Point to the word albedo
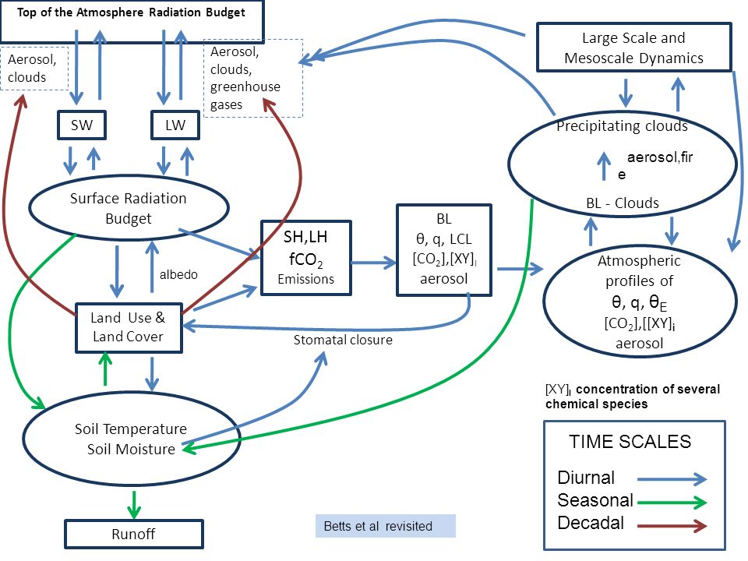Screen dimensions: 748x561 click(x=178, y=274)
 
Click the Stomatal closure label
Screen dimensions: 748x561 click(x=343, y=340)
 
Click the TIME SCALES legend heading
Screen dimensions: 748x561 click(x=630, y=442)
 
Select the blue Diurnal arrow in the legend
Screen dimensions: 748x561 click(x=672, y=479)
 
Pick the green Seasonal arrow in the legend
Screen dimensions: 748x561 click(x=672, y=502)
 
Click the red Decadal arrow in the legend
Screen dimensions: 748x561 click(x=672, y=526)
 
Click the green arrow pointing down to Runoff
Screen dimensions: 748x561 click(x=134, y=505)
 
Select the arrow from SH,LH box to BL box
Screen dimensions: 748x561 click(x=373, y=263)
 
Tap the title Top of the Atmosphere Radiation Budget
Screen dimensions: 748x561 click(x=131, y=12)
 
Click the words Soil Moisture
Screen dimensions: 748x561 click(x=131, y=449)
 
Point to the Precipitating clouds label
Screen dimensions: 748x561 click(x=622, y=126)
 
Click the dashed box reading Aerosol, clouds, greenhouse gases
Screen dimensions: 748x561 click(x=253, y=78)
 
